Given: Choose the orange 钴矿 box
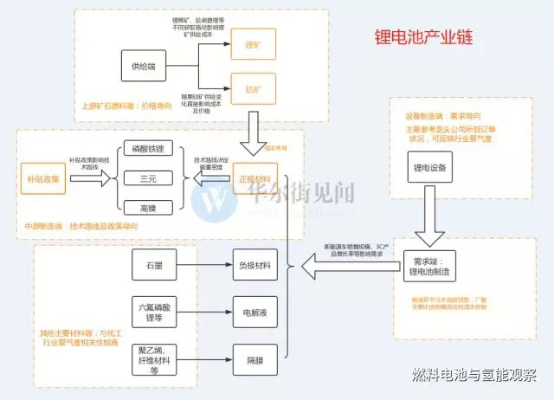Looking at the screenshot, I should pos(253,88).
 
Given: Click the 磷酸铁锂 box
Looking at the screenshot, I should pos(147,150).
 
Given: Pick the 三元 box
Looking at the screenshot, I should pos(147,178).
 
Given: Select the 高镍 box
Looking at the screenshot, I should pos(147,207).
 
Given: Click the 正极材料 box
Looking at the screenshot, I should pos(254,178).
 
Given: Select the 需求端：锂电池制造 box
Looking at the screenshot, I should pos(430,265).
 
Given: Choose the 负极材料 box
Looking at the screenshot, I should pos(255,265).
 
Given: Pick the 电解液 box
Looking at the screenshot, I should pos(255,308).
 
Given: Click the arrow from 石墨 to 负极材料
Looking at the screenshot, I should pos(204,265).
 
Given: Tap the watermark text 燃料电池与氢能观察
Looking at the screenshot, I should pos(474,376).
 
